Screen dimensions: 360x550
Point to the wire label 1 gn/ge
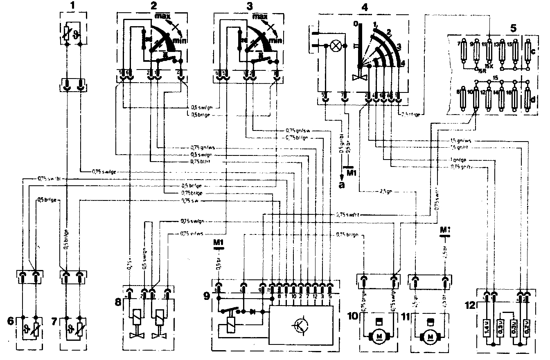tap(458, 160)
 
